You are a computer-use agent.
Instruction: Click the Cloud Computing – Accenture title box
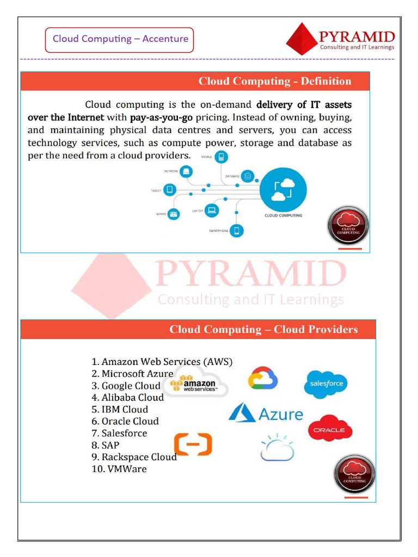pyautogui.click(x=120, y=39)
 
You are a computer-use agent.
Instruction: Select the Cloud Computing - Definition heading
pyautogui.click(x=274, y=82)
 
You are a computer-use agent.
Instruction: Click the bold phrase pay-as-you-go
pyautogui.click(x=161, y=117)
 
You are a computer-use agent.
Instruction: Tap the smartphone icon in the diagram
pyautogui.click(x=236, y=231)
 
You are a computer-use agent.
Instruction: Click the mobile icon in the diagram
pyautogui.click(x=221, y=157)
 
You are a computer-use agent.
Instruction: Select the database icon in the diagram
pyautogui.click(x=248, y=176)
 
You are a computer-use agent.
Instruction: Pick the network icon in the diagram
pyautogui.click(x=186, y=172)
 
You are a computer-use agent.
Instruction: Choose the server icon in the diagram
pyautogui.click(x=174, y=214)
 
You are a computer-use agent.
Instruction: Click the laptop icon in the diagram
pyautogui.click(x=212, y=210)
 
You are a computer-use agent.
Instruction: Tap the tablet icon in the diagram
pyautogui.click(x=170, y=190)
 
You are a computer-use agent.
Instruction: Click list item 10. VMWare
pyautogui.click(x=119, y=469)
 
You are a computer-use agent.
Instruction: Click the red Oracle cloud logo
pyautogui.click(x=330, y=429)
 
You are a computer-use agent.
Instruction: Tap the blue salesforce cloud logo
pyautogui.click(x=326, y=383)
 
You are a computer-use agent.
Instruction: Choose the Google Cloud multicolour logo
pyautogui.click(x=263, y=378)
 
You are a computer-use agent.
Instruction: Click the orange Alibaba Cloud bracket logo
pyautogui.click(x=193, y=444)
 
